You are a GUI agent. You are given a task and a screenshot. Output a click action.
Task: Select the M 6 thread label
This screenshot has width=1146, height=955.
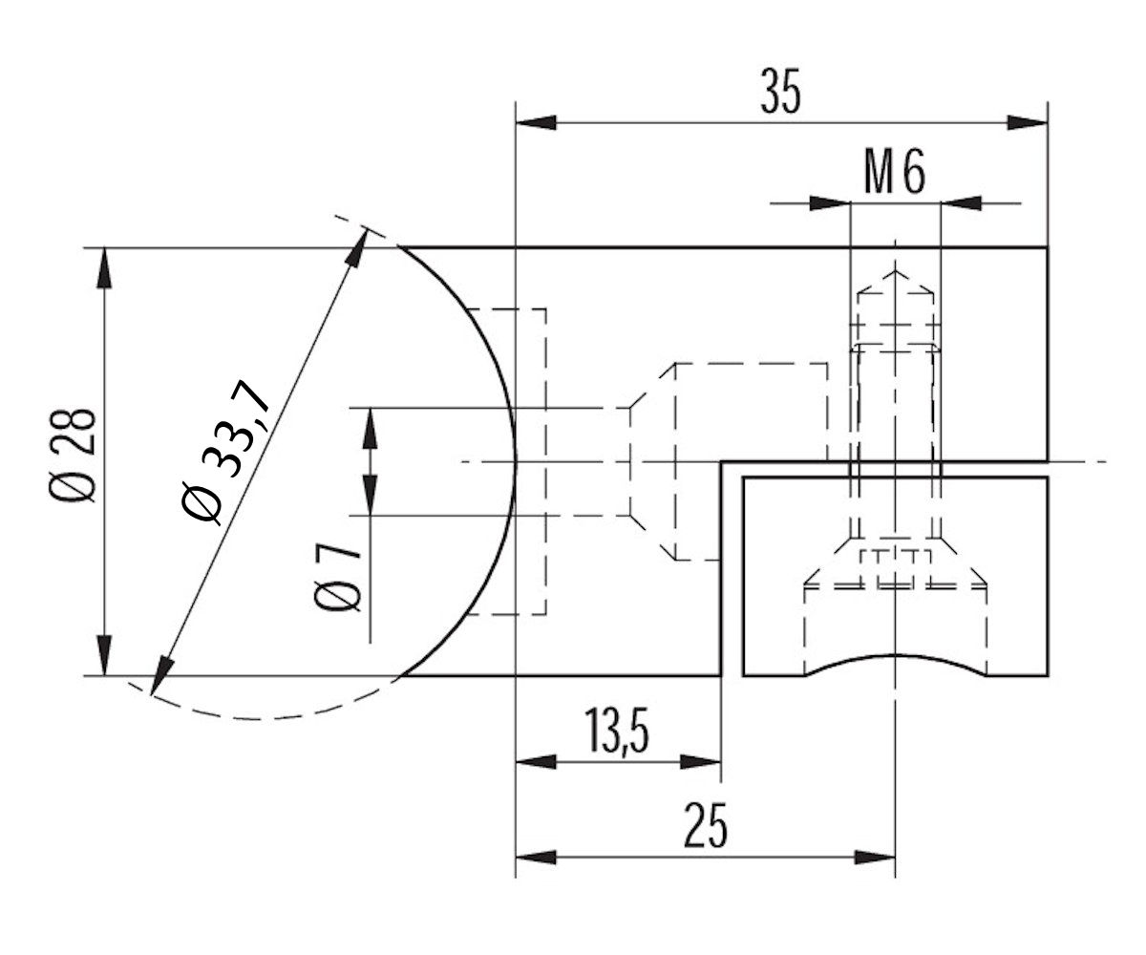coord(894,175)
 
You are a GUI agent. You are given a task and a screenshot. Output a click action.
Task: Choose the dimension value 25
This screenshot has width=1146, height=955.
coord(706,827)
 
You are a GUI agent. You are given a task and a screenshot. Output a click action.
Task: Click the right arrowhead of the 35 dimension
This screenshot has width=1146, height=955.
coord(1029,122)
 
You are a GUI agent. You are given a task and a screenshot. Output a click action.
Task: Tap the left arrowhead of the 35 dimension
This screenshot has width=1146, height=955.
coord(535,122)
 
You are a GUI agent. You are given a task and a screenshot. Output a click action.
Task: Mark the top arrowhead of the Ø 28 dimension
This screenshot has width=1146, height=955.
coord(103,267)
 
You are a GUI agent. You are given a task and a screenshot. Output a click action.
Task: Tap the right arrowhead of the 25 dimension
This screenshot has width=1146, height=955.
coord(876,857)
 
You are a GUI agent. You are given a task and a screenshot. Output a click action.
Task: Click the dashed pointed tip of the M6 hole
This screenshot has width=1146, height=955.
coord(895,277)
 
